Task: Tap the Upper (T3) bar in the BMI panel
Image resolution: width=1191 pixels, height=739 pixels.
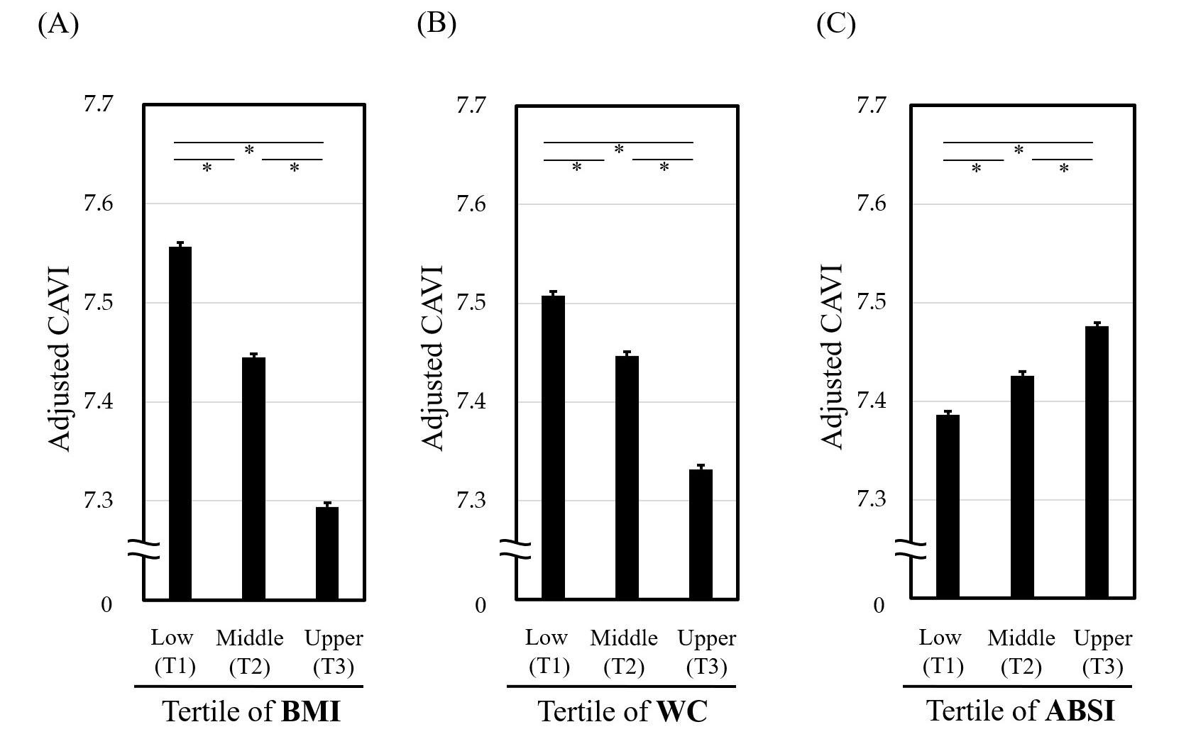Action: click(327, 552)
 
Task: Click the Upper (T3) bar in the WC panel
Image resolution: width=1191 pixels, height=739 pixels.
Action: click(701, 533)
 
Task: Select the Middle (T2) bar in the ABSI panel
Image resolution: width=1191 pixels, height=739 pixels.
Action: click(1022, 487)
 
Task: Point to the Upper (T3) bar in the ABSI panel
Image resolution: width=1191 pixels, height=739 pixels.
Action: click(1097, 462)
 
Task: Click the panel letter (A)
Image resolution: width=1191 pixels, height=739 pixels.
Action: click(57, 24)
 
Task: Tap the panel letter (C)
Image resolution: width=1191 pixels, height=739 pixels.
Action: click(835, 24)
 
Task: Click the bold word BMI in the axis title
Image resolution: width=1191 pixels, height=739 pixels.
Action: click(311, 711)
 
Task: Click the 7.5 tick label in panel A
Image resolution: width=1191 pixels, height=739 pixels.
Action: click(98, 304)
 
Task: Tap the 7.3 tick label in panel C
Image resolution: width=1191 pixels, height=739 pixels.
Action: click(871, 501)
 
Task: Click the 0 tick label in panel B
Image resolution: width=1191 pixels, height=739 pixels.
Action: click(481, 605)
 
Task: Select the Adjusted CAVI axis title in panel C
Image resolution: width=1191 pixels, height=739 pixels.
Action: click(833, 357)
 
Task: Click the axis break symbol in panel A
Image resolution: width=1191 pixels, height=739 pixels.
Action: click(144, 548)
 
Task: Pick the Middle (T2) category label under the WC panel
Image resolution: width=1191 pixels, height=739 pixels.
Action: click(624, 652)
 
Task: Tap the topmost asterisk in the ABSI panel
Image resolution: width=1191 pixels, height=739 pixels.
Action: click(1019, 150)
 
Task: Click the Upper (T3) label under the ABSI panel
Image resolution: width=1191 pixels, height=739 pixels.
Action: click(1103, 652)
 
